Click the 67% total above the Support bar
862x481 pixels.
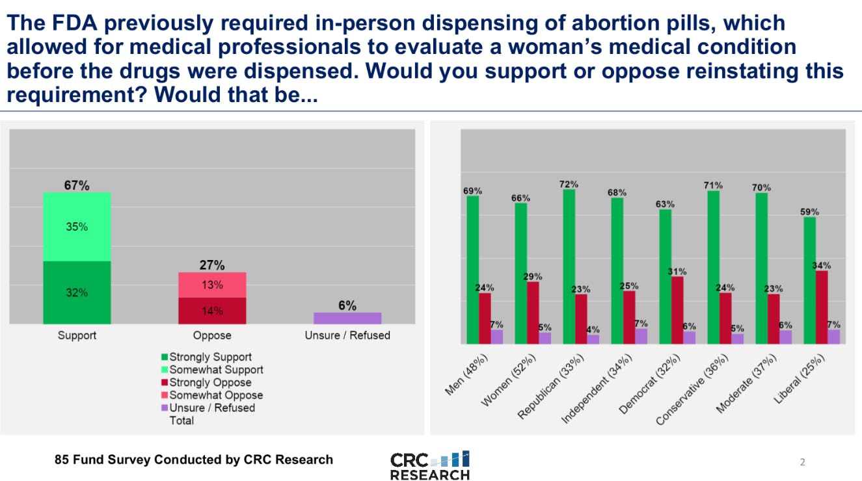76,185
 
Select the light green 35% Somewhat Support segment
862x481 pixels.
77,227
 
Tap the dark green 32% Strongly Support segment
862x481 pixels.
77,292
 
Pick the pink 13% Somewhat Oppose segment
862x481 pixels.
212,285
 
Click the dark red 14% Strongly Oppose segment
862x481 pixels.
212,311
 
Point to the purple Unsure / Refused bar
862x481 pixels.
347,318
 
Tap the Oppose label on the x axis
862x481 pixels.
212,335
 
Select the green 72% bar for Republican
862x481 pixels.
569,266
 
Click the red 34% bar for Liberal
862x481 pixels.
822,307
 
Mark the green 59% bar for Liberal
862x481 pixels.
810,280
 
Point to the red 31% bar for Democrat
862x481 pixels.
677,310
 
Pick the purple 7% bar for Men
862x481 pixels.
497,337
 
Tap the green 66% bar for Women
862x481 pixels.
521,273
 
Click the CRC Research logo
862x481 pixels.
429,466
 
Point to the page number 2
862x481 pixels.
802,463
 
